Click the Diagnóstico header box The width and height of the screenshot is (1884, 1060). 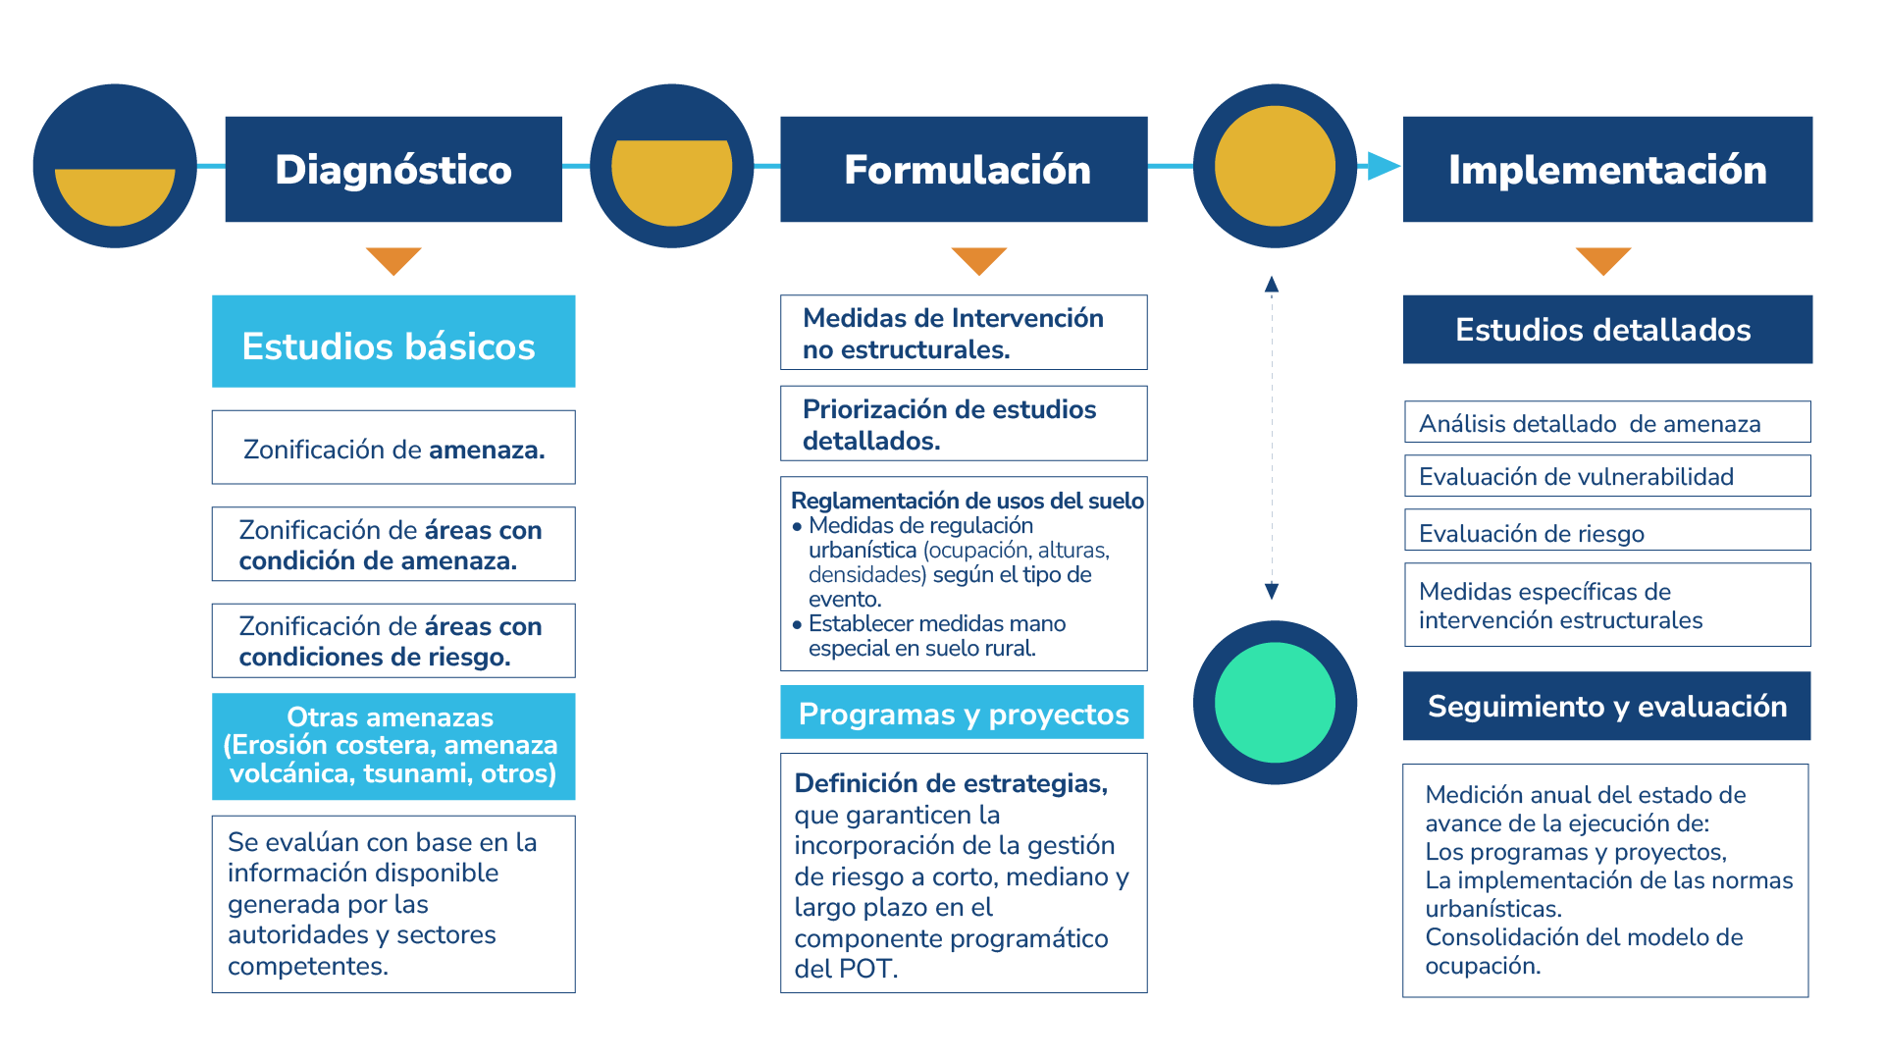pyautogui.click(x=392, y=169)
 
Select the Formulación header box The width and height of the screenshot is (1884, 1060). pyautogui.click(x=964, y=169)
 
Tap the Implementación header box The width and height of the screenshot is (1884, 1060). pyautogui.click(x=1607, y=169)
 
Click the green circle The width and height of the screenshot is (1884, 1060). pyautogui.click(x=1275, y=703)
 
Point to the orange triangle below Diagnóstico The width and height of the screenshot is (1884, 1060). pyautogui.click(x=393, y=260)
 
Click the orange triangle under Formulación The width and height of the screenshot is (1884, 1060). pyautogui.click(x=978, y=260)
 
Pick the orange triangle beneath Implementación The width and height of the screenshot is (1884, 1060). pyautogui.click(x=1603, y=260)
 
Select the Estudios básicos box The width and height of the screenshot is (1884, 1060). pyautogui.click(x=393, y=342)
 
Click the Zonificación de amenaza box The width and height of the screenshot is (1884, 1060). pyautogui.click(x=393, y=448)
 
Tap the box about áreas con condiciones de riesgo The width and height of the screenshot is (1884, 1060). pyautogui.click(x=393, y=641)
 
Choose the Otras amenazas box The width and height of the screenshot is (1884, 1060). pyautogui.click(x=393, y=746)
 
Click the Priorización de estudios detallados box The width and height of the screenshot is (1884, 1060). pyautogui.click(x=964, y=423)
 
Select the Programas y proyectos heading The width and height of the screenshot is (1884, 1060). pyautogui.click(x=963, y=713)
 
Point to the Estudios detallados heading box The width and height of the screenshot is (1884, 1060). pyautogui.click(x=1607, y=330)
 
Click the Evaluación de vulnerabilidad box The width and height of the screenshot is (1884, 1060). pyautogui.click(x=1607, y=476)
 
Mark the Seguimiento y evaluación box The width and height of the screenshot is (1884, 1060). pyautogui.click(x=1607, y=706)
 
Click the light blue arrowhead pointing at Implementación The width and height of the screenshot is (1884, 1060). pyautogui.click(x=1383, y=166)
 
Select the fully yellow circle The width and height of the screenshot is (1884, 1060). pyautogui.click(x=1275, y=166)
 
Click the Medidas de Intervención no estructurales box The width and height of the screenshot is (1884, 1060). pyautogui.click(x=964, y=333)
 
